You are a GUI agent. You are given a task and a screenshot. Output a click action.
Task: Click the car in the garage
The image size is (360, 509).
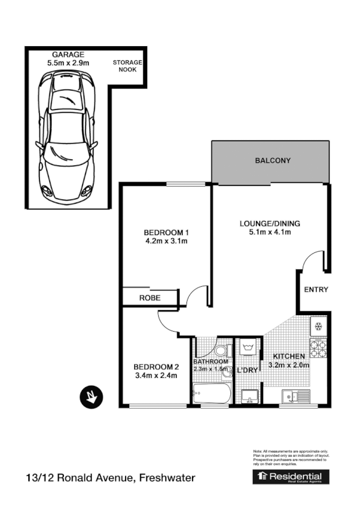pyautogui.click(x=66, y=134)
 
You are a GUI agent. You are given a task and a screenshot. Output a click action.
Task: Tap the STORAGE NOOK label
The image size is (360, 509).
pyautogui.click(x=127, y=66)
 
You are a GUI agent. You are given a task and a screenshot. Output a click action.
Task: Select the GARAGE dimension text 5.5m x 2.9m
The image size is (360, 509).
pyautogui.click(x=68, y=63)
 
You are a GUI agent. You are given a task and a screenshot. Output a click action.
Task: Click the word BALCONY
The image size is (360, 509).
pyautogui.click(x=273, y=161)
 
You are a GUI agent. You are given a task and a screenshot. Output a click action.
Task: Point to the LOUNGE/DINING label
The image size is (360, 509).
pyautogui.click(x=270, y=223)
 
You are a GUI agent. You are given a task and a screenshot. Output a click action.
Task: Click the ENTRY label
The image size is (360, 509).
pyautogui.click(x=316, y=290)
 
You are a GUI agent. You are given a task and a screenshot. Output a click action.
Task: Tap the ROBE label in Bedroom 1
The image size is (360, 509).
pyautogui.click(x=150, y=298)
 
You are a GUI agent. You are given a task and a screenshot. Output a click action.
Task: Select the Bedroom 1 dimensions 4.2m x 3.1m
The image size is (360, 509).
pyautogui.click(x=166, y=241)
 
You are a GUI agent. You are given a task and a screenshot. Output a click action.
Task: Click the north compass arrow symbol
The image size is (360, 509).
pyautogui.click(x=91, y=396)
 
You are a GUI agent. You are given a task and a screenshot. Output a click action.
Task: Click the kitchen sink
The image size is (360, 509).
pyautogui.click(x=295, y=396)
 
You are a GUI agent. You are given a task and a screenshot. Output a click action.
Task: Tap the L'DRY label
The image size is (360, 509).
pyautogui.click(x=247, y=371)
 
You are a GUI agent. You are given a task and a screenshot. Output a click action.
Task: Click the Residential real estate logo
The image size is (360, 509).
pyautogui.click(x=291, y=477)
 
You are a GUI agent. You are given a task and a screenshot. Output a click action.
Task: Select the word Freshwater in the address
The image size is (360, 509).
pyautogui.click(x=167, y=478)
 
